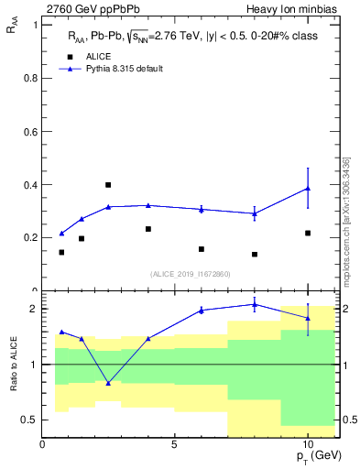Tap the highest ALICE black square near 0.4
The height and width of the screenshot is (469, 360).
(x=108, y=185)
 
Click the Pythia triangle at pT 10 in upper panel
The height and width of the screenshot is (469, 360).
(x=309, y=189)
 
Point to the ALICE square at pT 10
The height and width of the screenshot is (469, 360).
(x=309, y=234)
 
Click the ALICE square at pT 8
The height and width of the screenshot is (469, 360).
(x=255, y=255)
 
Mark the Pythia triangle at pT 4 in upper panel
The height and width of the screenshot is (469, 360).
(x=148, y=205)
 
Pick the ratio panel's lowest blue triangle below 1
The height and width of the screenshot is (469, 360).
(x=108, y=383)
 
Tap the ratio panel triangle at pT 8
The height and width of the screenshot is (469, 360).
(x=255, y=304)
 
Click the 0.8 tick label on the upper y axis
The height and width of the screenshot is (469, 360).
(x=28, y=78)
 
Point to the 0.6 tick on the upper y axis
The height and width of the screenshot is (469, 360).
(x=28, y=131)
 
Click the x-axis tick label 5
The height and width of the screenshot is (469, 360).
(x=175, y=444)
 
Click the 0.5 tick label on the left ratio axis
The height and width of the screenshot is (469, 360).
(x=28, y=420)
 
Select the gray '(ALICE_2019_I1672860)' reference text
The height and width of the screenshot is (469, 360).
(x=191, y=274)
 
